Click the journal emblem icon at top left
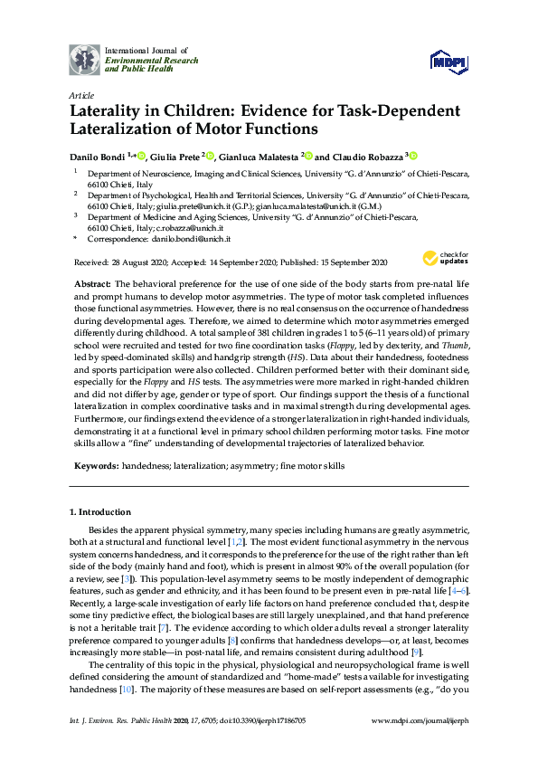point(85,59)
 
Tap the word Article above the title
point(81,95)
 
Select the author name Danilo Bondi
point(96,155)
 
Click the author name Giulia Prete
point(175,155)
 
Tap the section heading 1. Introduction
point(100,512)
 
